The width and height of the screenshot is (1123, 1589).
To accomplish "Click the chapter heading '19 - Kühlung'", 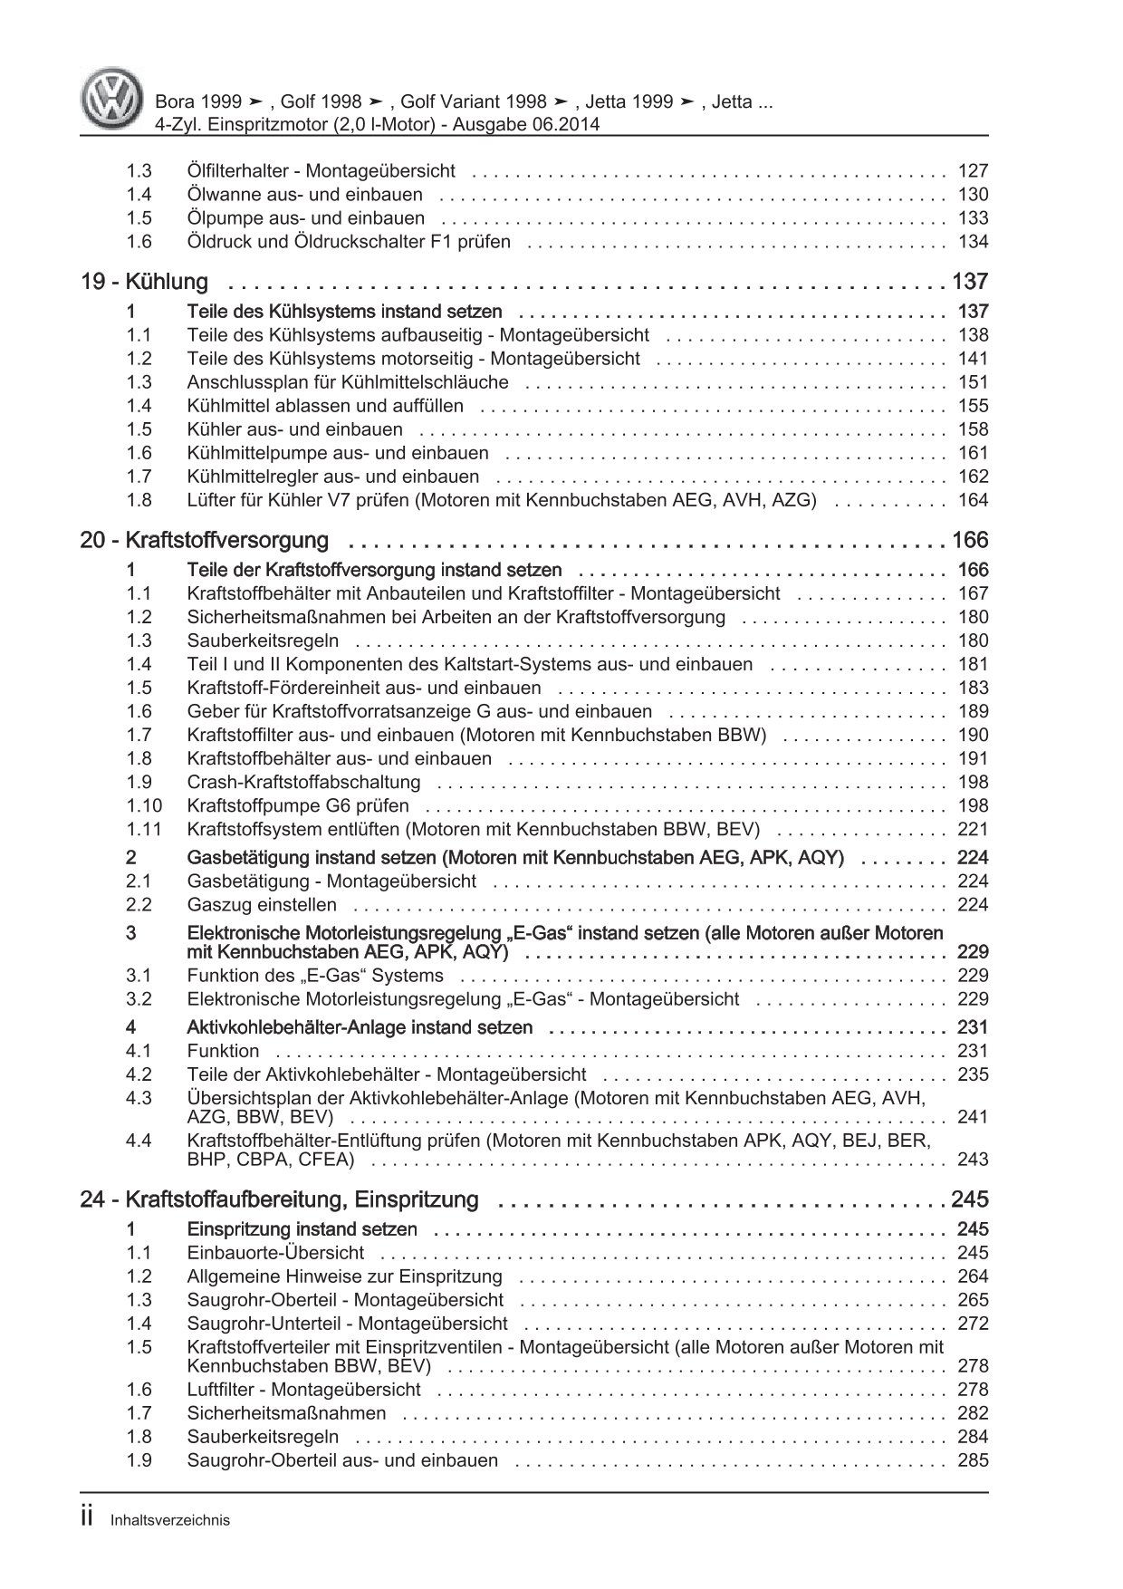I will pyautogui.click(x=144, y=282).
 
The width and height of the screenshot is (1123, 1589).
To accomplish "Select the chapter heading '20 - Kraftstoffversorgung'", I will pyautogui.click(x=205, y=541).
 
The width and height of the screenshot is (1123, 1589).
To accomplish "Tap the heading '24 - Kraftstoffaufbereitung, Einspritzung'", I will pyautogui.click(x=279, y=1200).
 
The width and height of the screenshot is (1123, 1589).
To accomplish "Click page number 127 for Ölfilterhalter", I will pyautogui.click(x=973, y=171).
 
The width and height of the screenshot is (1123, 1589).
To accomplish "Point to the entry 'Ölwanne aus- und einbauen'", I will pyautogui.click(x=304, y=195).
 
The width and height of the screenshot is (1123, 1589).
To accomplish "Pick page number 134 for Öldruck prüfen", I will pyautogui.click(x=973, y=242).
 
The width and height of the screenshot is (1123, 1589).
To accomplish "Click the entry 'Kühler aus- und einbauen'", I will pyautogui.click(x=295, y=430).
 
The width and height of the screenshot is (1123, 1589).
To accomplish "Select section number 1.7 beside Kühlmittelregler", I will pyautogui.click(x=139, y=477).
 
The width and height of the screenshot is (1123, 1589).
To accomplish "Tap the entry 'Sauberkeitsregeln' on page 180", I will pyautogui.click(x=263, y=641).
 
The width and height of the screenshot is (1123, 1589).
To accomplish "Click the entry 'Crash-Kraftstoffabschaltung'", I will pyautogui.click(x=303, y=783).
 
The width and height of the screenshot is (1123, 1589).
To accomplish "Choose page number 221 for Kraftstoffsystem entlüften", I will pyautogui.click(x=973, y=830).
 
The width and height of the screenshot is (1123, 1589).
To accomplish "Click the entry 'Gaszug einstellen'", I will pyautogui.click(x=262, y=905).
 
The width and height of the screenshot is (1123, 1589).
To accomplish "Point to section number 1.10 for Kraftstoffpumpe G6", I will pyautogui.click(x=144, y=806).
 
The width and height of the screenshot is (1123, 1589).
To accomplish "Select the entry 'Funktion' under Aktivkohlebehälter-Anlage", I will pyautogui.click(x=223, y=1052).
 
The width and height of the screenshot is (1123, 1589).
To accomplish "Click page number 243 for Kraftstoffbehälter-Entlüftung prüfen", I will pyautogui.click(x=973, y=1160).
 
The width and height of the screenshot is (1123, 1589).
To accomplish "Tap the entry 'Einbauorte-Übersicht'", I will pyautogui.click(x=275, y=1254).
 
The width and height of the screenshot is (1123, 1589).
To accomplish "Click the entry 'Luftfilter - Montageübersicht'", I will pyautogui.click(x=303, y=1390).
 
